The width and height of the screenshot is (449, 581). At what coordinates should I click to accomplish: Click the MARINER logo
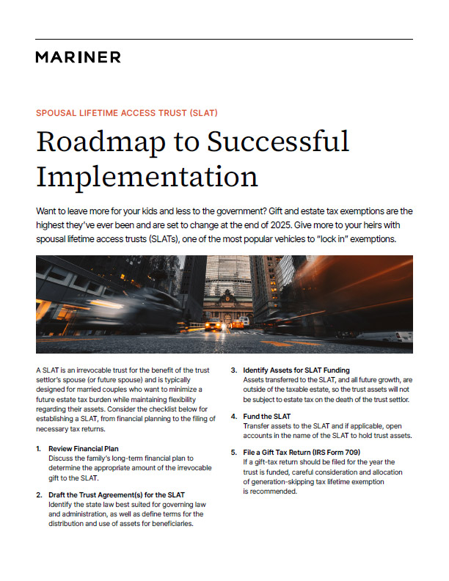pos(78,57)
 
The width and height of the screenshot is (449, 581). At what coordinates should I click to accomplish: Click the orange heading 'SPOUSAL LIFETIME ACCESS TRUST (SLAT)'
pos(126,113)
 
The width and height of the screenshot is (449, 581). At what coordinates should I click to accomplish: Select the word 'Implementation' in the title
pos(147,178)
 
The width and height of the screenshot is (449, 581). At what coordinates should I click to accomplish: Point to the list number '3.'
pos(234,370)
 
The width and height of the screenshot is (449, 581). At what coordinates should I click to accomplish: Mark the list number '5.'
pos(234,453)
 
